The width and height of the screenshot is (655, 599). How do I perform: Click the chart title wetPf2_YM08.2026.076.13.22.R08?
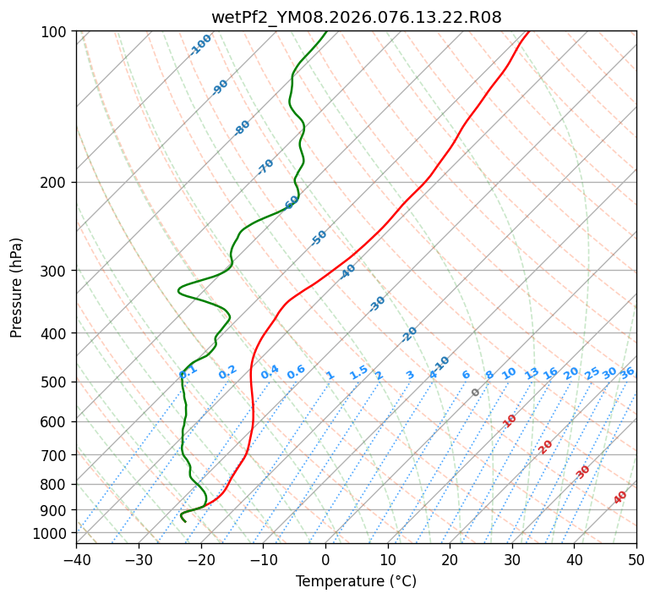356,17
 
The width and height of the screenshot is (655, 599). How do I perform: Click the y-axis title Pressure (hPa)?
17,287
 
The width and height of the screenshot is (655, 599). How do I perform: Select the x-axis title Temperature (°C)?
356,581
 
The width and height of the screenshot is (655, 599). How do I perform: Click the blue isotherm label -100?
200,45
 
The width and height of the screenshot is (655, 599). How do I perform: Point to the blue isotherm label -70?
265,167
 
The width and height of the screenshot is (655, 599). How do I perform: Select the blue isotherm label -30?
377,304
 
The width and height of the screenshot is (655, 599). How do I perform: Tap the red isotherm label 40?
620,497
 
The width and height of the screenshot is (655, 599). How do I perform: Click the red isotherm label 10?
509,420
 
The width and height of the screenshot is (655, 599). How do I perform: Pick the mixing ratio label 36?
627,372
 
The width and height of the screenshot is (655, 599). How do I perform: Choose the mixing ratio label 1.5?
358,371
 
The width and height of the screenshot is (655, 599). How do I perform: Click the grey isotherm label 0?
476,393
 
